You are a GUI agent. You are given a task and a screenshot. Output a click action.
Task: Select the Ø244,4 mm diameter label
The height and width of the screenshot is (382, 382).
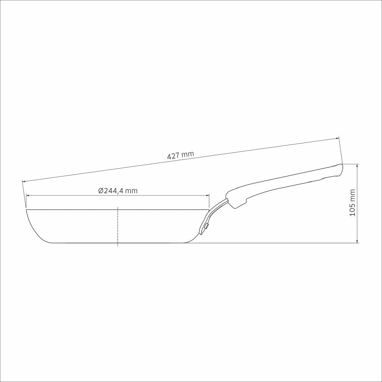point(118,191)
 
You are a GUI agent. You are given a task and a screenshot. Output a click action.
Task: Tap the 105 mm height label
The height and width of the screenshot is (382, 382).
point(352,203)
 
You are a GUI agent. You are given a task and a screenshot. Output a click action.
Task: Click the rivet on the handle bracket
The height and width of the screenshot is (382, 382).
point(207,226)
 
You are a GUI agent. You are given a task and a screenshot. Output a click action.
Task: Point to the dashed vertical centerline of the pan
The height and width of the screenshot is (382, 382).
point(118,226)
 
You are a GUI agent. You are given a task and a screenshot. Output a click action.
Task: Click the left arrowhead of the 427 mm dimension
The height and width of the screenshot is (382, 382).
point(24,181)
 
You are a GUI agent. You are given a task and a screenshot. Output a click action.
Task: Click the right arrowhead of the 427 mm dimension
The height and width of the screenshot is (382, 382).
point(337,138)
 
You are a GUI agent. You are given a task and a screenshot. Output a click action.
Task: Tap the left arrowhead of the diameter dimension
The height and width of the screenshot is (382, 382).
point(28,195)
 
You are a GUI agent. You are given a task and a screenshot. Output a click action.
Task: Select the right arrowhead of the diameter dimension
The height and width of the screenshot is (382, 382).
point(207,195)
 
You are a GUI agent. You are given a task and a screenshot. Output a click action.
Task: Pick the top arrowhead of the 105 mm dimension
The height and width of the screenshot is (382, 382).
point(357,166)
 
